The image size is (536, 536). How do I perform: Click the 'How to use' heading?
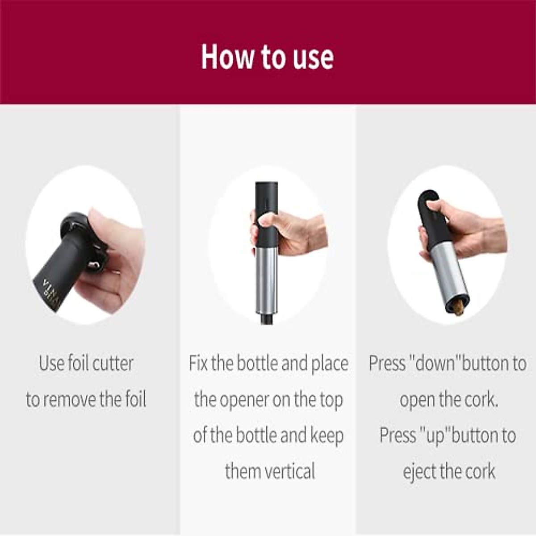(267, 56)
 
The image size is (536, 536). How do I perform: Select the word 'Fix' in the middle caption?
(198, 363)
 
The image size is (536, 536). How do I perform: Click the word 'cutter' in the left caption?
(113, 363)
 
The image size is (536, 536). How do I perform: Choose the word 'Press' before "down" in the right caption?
(387, 363)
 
